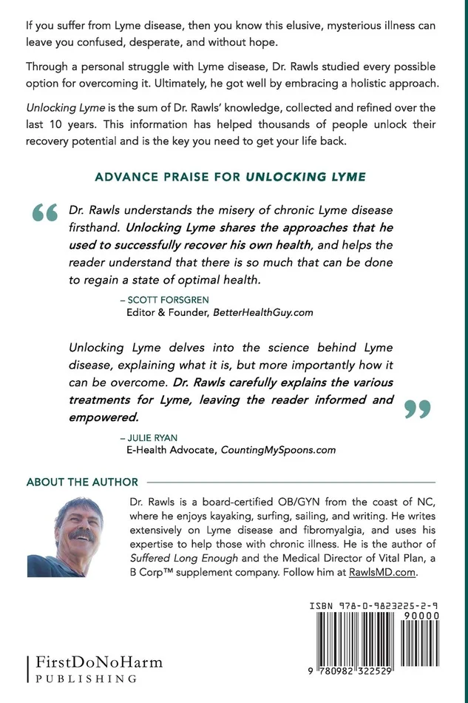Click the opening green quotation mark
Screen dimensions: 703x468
(x=45, y=212)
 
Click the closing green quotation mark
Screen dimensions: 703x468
(x=418, y=408)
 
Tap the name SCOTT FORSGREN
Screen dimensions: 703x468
(x=164, y=300)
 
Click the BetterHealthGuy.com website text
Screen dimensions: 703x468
(x=263, y=312)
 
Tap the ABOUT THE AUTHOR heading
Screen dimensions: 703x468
(x=82, y=482)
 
